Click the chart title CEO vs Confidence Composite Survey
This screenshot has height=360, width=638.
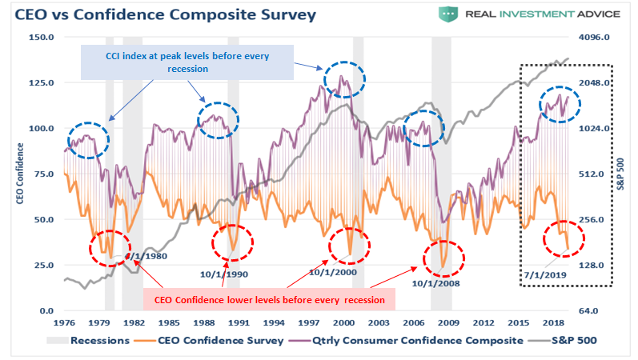coord(161,15)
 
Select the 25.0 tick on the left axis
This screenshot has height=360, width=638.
coord(42,265)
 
